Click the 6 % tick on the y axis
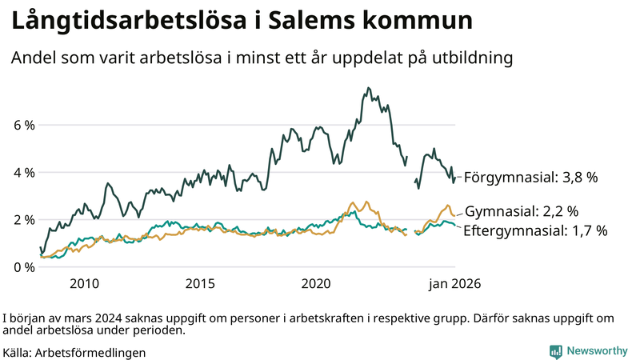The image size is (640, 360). pos(23,126)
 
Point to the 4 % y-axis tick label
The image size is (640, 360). pos(23,173)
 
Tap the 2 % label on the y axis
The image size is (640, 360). pos(23,220)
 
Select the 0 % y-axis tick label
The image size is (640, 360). pos(23,267)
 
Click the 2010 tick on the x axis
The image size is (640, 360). pos(84,283)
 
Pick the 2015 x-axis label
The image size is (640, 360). pos(200,283)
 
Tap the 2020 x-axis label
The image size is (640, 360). pos(316,283)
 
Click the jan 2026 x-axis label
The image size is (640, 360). pos(454,283)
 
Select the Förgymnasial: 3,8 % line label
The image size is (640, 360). pos(531,178)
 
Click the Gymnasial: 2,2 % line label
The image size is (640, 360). pos(522,212)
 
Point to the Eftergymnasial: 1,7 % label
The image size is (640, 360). pos(536,230)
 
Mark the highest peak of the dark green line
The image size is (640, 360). pos(368,88)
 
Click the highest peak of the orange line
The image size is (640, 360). pos(353,203)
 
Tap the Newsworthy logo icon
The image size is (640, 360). pos(555,351)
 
